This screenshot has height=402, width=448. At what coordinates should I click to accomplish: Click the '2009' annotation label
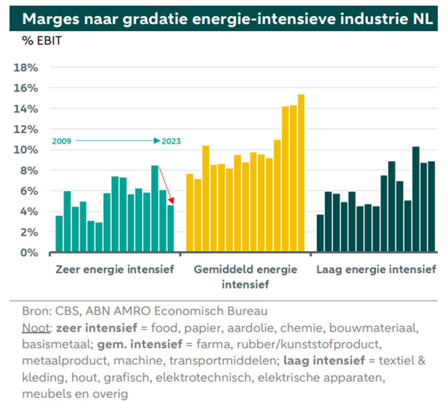coord(62,141)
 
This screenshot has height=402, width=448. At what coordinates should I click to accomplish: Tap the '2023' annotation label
coord(171,141)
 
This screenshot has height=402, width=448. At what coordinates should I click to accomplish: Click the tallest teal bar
coord(155,209)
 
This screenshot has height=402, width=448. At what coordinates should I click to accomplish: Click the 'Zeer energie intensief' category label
coord(115,270)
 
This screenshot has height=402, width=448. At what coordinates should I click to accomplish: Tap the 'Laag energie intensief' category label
coord(376,270)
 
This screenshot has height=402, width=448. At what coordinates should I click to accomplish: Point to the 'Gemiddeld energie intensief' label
coord(245,277)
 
